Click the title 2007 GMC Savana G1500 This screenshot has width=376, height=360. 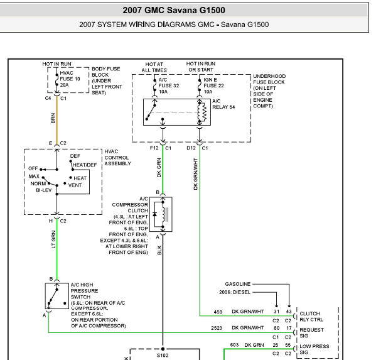pyautogui.click(x=174, y=10)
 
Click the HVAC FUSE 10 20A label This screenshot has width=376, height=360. pyautogui.click(x=70, y=79)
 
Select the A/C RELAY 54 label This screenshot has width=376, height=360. pyautogui.click(x=223, y=104)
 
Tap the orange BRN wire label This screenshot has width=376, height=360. pyautogui.click(x=53, y=118)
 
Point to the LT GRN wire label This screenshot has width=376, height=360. pyautogui.click(x=53, y=239)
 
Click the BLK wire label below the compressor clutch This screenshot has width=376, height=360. pyautogui.click(x=159, y=250)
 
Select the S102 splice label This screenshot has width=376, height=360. pyautogui.click(x=163, y=355)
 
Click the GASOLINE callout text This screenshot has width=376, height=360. pyautogui.click(x=238, y=284)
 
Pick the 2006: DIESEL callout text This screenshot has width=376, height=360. pyautogui.click(x=235, y=292)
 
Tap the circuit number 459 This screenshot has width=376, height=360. pyautogui.click(x=218, y=312)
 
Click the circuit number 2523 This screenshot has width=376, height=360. pyautogui.click(x=217, y=328)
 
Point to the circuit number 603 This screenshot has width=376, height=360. pyautogui.click(x=234, y=345)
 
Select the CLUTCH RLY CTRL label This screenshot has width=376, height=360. pyautogui.click(x=311, y=317)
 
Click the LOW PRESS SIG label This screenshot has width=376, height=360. pyautogui.click(x=314, y=349)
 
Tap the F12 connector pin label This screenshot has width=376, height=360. pyautogui.click(x=154, y=148)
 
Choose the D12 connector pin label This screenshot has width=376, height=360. pyautogui.click(x=191, y=148)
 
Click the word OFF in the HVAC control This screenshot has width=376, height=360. pyautogui.click(x=33, y=168)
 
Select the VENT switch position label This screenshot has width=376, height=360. pyautogui.click(x=75, y=185)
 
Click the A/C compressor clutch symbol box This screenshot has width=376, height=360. pyautogui.click(x=161, y=214)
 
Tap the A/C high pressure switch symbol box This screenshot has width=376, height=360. pyautogui.click(x=57, y=296)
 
